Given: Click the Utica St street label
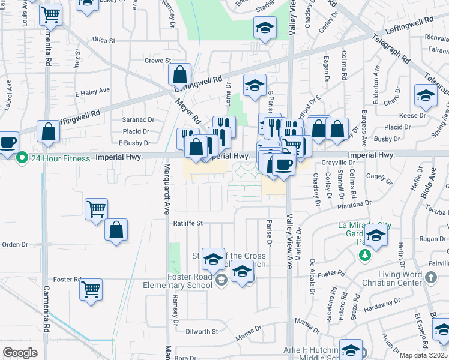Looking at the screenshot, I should tap(103, 40).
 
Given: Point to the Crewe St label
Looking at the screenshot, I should tap(158, 61).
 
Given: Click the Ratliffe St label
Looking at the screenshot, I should tap(188, 223).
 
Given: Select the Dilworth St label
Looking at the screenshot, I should tap(202, 332).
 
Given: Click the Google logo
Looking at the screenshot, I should tap(20, 352).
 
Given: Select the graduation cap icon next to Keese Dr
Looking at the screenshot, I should tap(426, 95).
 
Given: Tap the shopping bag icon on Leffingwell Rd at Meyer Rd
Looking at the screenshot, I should tap(179, 76).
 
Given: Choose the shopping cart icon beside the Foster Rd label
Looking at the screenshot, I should tap(91, 290).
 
